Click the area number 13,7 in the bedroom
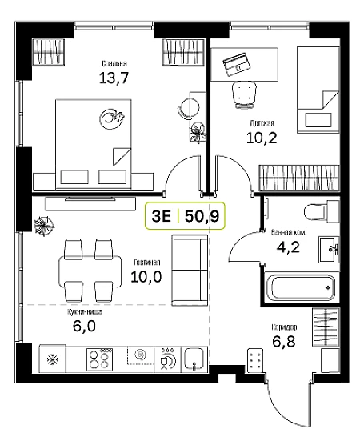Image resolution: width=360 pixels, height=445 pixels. click(114, 78)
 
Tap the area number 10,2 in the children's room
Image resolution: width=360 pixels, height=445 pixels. click(262, 138)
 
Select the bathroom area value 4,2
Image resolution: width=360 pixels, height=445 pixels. click(288, 247)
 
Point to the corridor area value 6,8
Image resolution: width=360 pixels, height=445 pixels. click(284, 342)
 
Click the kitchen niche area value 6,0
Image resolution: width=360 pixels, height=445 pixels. click(84, 326)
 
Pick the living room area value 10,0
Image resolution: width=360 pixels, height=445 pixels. click(146, 276)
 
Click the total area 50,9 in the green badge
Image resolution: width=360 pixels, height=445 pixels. click(202, 216)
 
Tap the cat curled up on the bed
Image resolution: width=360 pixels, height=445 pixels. click(112, 119)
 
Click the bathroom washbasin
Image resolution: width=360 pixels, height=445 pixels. click(329, 249)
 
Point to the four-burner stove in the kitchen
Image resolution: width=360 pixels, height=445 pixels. click(99, 359)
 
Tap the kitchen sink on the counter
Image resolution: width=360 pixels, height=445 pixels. click(194, 359)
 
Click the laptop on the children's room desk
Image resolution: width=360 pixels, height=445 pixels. click(236, 64)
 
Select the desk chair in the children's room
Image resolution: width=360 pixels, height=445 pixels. click(244, 94)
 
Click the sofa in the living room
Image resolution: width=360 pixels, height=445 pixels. click(190, 270)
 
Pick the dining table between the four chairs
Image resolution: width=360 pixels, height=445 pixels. click(90, 271)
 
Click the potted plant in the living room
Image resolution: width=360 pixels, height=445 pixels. click(43, 226)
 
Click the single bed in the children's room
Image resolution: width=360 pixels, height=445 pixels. click(318, 90)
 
